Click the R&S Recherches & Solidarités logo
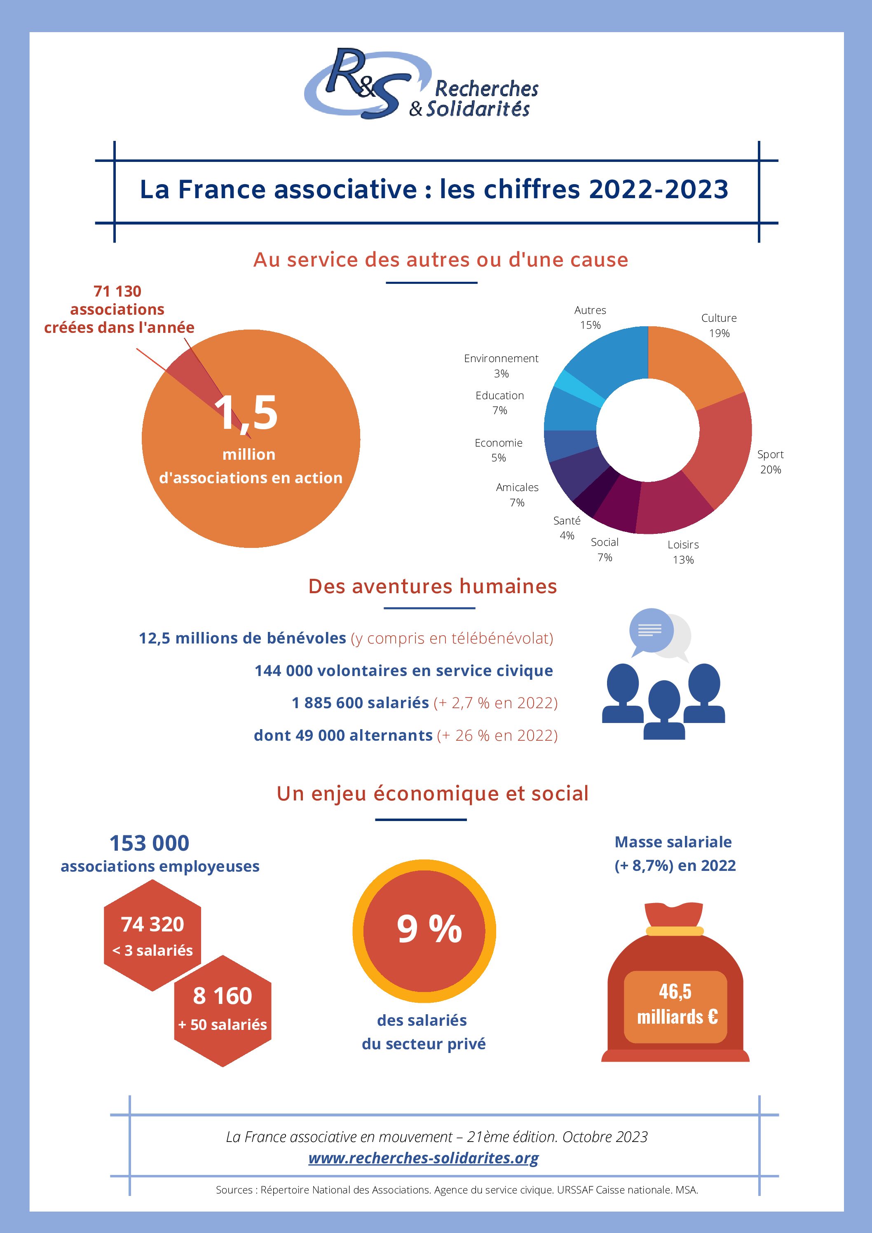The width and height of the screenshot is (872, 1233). click(x=422, y=85)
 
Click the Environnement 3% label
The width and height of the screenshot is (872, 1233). click(x=501, y=366)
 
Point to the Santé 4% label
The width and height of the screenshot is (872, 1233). click(x=567, y=528)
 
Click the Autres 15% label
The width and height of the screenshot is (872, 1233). click(x=590, y=317)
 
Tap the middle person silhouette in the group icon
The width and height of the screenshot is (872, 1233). click(x=664, y=709)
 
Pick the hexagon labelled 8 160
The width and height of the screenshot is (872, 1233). click(x=223, y=1010)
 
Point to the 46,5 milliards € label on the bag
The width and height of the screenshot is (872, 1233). click(x=675, y=1004)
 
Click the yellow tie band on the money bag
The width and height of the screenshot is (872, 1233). click(x=675, y=931)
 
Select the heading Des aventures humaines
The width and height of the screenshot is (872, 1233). click(x=433, y=587)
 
